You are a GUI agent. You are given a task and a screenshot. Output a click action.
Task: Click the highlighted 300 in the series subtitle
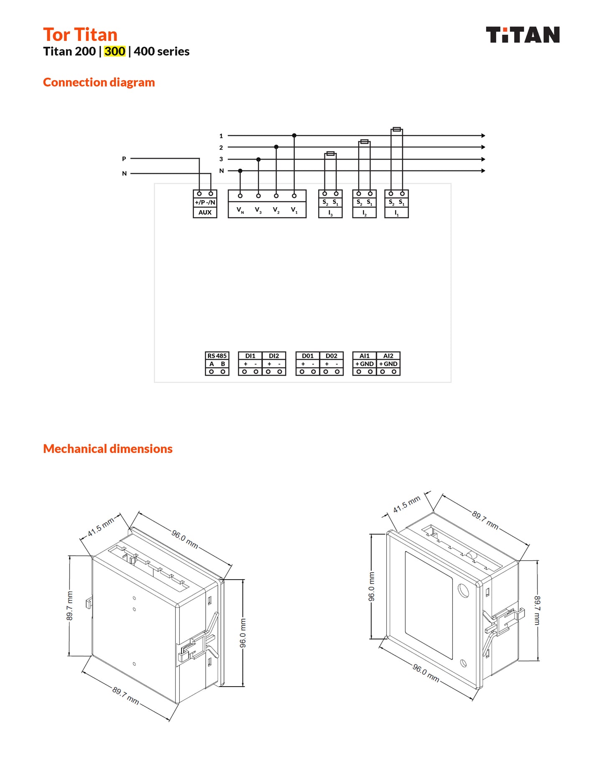(x=115, y=51)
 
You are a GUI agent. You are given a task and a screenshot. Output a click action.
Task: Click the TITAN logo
(x=522, y=35)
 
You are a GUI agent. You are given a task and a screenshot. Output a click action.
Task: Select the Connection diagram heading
(x=99, y=82)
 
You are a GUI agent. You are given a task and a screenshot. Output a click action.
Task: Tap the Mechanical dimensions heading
(x=107, y=449)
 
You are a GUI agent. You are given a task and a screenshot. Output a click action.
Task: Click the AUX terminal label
(x=205, y=212)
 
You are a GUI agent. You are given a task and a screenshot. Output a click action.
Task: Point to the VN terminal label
(x=240, y=210)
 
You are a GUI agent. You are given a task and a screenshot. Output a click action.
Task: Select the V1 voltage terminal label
(x=294, y=210)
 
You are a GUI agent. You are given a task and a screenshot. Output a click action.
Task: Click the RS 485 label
(x=217, y=356)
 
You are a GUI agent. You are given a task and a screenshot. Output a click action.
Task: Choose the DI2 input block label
(x=274, y=356)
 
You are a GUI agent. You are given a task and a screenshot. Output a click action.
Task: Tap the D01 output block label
(x=308, y=356)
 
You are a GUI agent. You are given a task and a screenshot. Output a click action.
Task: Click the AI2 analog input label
(x=388, y=356)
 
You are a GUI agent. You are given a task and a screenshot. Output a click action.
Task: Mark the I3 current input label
(x=330, y=213)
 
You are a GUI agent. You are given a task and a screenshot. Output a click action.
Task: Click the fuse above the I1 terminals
(x=397, y=130)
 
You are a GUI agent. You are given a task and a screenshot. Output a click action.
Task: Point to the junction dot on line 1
(x=294, y=135)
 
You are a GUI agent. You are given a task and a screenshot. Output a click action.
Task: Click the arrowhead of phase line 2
(x=483, y=147)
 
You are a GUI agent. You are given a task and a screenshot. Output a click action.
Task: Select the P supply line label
(x=124, y=159)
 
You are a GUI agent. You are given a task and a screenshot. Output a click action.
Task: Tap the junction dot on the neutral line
(x=240, y=170)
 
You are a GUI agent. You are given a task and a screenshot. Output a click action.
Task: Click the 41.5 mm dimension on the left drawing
(x=101, y=528)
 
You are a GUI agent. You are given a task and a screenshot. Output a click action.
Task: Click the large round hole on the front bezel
(x=463, y=590)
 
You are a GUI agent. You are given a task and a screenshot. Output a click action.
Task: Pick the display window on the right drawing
(x=428, y=605)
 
